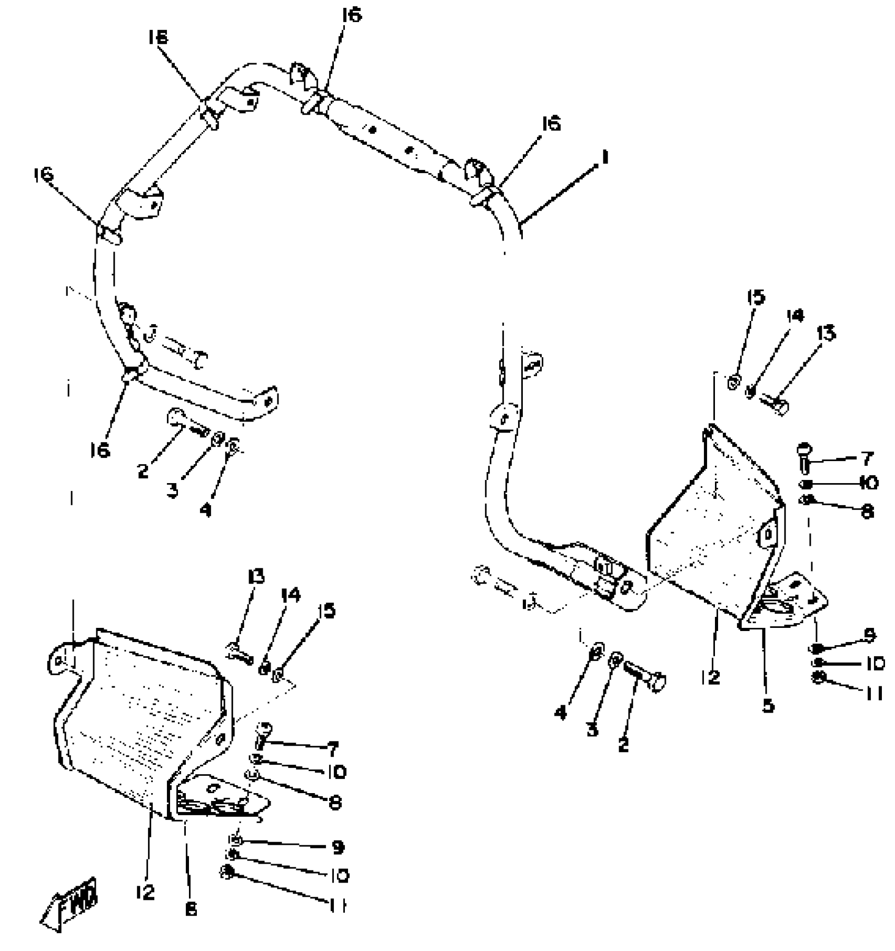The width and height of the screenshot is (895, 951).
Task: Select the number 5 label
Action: [x=769, y=705]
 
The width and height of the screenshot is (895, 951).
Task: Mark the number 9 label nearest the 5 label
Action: [x=870, y=635]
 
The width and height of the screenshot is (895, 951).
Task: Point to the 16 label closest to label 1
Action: [x=552, y=124]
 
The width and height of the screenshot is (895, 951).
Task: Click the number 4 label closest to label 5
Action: [x=560, y=713]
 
